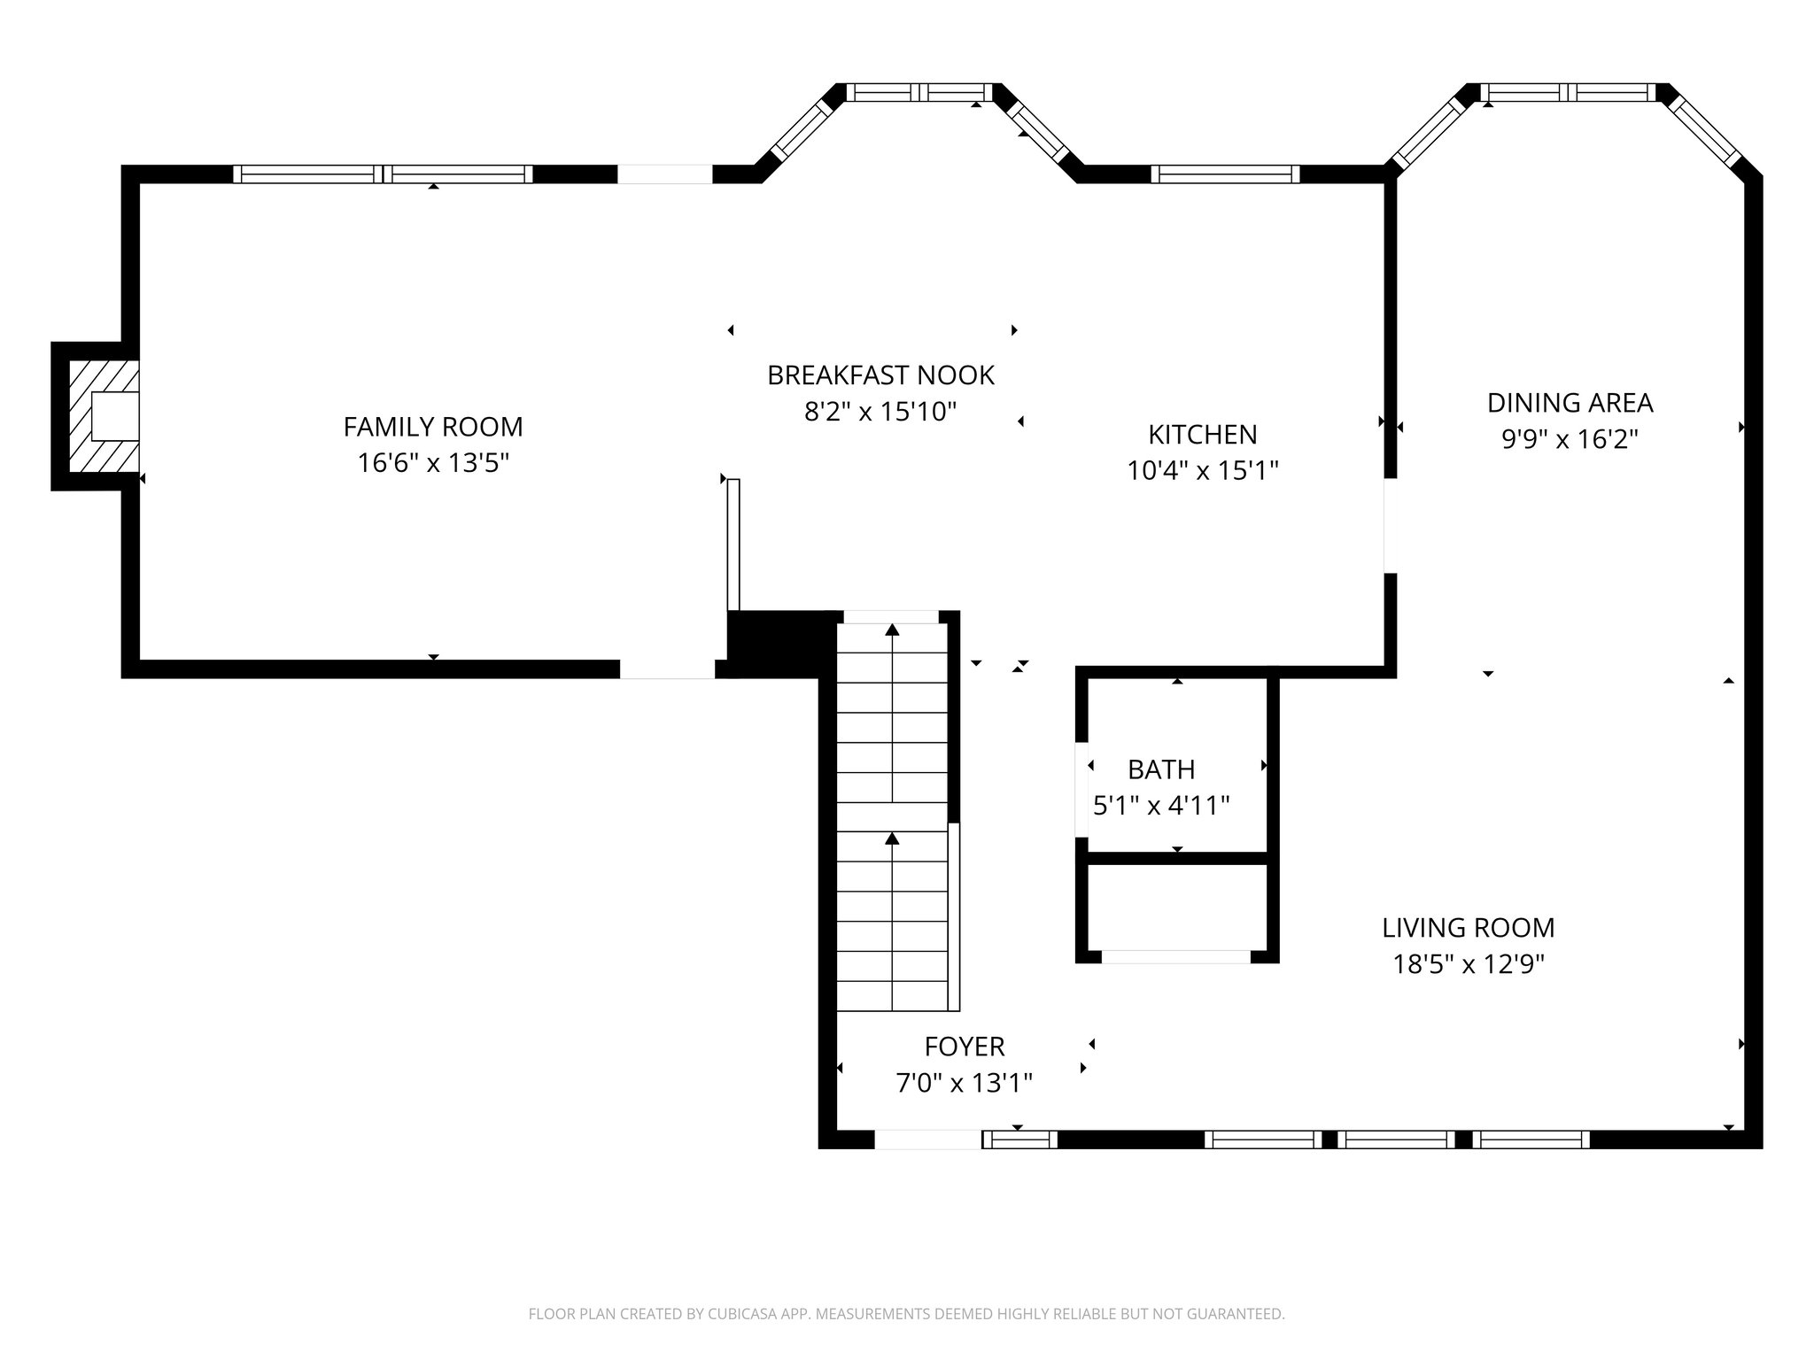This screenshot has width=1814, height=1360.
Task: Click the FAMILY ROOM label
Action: click(x=433, y=427)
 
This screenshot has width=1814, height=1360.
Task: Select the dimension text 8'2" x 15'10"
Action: click(x=880, y=412)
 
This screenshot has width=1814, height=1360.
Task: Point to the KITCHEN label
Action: click(x=1202, y=434)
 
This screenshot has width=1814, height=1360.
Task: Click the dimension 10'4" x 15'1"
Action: click(x=1202, y=470)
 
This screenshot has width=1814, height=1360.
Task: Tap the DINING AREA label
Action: click(x=1570, y=403)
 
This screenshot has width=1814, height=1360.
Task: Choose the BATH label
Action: click(x=1161, y=769)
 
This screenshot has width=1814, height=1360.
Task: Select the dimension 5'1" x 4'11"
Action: click(x=1161, y=806)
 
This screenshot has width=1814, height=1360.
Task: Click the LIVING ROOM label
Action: click(x=1468, y=928)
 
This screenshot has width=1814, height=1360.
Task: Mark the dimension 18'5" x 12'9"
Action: click(x=1468, y=964)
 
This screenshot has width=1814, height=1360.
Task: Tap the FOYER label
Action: click(x=964, y=1047)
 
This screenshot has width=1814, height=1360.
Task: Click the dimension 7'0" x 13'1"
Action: click(x=964, y=1083)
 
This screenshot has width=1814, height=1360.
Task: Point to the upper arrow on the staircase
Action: click(x=892, y=630)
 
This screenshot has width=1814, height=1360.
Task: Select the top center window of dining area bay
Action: click(x=1568, y=92)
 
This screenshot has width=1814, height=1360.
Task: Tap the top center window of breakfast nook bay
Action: click(x=919, y=92)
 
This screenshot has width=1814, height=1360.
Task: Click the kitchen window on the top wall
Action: click(x=1225, y=174)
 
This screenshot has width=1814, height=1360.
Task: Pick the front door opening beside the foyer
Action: click(x=927, y=1140)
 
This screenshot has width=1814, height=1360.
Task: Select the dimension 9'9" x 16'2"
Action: click(x=1570, y=439)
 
